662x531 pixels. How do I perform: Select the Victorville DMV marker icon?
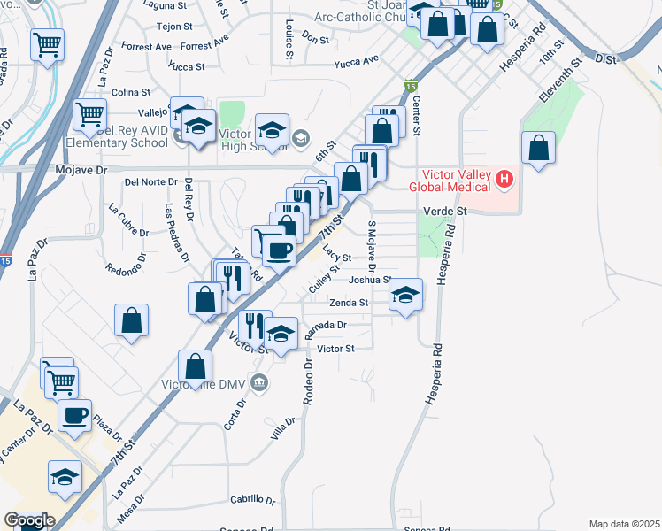tap(259, 383)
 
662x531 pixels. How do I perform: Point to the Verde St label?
tap(445, 212)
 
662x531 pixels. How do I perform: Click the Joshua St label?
tap(370, 280)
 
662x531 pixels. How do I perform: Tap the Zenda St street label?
tap(349, 303)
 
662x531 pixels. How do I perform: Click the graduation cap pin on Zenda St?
tap(406, 295)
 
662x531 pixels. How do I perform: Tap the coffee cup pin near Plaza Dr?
tap(74, 415)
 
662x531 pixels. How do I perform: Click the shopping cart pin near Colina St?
tap(89, 114)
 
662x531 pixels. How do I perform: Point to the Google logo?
tap(28, 520)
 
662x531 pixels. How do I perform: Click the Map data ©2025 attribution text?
tap(624, 524)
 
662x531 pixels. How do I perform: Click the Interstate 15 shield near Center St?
tap(411, 86)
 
